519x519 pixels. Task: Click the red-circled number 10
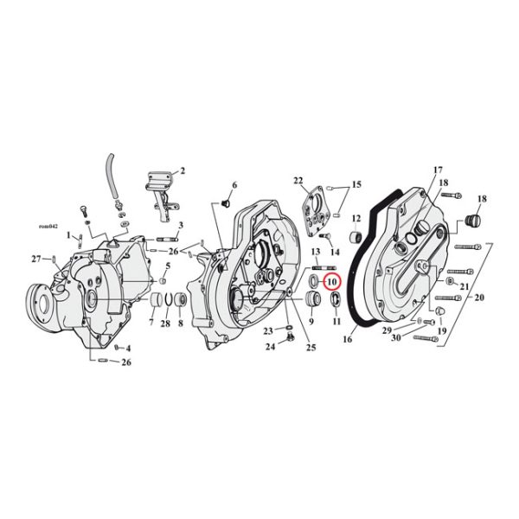pyautogui.click(x=332, y=282)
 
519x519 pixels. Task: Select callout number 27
pyautogui.click(x=36, y=259)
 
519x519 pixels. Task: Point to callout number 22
pyautogui.click(x=299, y=180)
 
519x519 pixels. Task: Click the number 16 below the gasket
pyautogui.click(x=348, y=340)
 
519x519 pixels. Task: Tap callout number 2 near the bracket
pyautogui.click(x=183, y=171)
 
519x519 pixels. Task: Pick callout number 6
pyautogui.click(x=234, y=186)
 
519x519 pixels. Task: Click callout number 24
pyautogui.click(x=270, y=347)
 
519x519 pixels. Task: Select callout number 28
pyautogui.click(x=165, y=323)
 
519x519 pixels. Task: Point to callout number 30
pyautogui.click(x=395, y=338)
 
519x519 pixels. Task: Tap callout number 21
pyautogui.click(x=465, y=287)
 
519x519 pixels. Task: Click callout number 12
pyautogui.click(x=356, y=218)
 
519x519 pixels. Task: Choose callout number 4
pyautogui.click(x=127, y=349)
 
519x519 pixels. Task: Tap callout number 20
pyautogui.click(x=479, y=298)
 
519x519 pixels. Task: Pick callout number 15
pyautogui.click(x=356, y=185)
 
